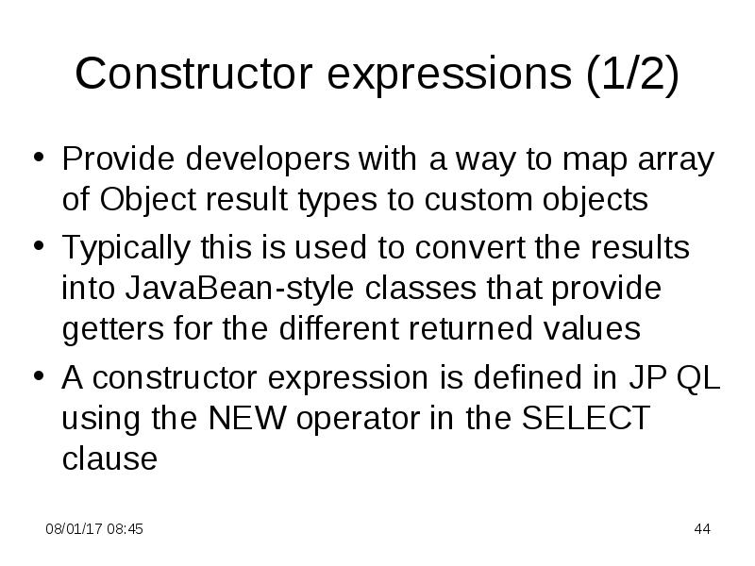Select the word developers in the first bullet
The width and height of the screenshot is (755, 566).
267,160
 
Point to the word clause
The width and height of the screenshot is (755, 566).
109,459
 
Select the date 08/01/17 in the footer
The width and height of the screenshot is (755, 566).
74,529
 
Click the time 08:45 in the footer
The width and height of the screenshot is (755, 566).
126,529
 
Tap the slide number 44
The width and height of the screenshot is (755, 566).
701,529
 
